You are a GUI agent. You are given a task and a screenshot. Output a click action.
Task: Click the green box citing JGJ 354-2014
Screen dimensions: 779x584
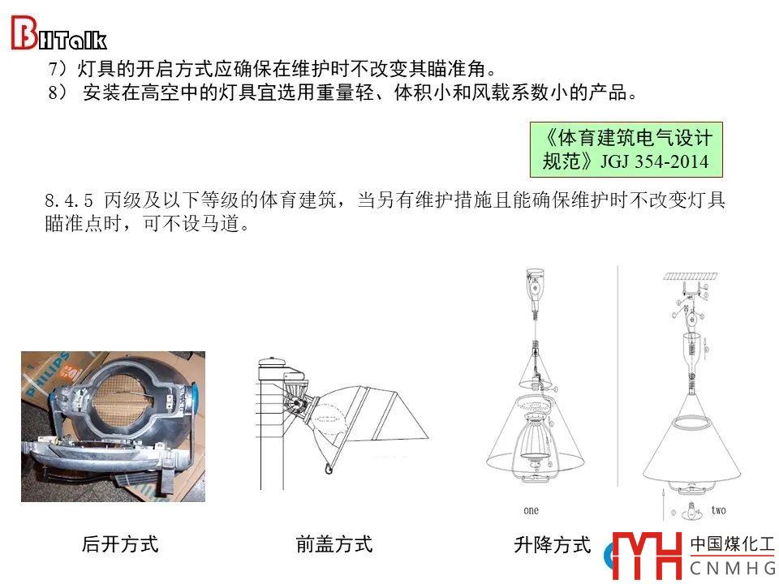point(626,149)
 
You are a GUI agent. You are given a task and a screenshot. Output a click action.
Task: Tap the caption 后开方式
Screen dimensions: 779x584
point(120,544)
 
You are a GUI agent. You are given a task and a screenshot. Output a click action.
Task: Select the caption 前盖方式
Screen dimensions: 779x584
point(334,544)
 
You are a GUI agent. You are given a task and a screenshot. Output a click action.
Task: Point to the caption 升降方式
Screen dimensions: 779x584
point(553,545)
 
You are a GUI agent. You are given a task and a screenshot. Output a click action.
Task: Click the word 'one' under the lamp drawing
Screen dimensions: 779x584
point(531,510)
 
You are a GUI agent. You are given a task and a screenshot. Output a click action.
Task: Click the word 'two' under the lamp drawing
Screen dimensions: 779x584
point(718,510)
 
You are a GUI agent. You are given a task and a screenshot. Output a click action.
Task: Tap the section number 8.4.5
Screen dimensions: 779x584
point(68,200)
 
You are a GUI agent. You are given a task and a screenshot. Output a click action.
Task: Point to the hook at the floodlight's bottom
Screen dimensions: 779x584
point(328,468)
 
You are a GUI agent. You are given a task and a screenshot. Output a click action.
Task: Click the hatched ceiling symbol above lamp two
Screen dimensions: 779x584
point(690,277)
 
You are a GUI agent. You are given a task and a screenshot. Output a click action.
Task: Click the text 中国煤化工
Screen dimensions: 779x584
point(732,544)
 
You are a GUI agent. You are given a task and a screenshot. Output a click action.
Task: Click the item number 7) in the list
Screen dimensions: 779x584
point(58,68)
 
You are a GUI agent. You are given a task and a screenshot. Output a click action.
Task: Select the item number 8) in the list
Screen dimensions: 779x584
point(58,92)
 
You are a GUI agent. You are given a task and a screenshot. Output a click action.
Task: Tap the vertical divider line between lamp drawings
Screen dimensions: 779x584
point(618,376)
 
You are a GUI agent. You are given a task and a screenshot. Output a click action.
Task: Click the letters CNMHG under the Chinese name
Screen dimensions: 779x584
point(733,568)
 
